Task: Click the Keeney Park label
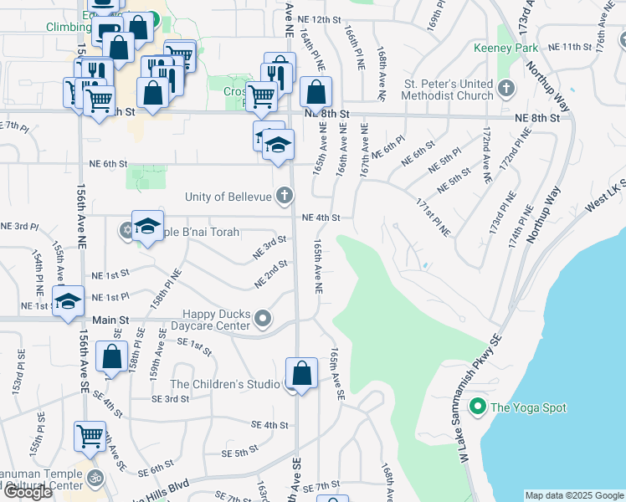click(515, 49)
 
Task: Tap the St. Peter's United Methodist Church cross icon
click(506, 89)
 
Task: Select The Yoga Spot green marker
click(477, 407)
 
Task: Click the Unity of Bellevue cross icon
click(285, 197)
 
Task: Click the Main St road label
click(111, 320)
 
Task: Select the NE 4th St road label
click(321, 218)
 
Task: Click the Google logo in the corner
click(28, 491)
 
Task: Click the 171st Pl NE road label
click(433, 216)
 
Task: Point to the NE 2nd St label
click(271, 274)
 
